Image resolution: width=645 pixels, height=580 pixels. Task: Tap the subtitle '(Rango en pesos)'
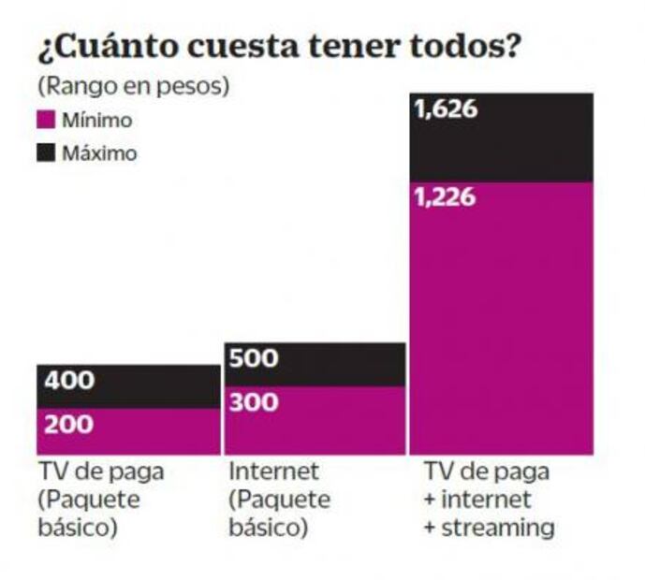pyautogui.click(x=133, y=86)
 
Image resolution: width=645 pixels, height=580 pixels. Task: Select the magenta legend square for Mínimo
pyautogui.click(x=46, y=121)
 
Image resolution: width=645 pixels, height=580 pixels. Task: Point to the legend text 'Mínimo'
pyautogui.click(x=96, y=121)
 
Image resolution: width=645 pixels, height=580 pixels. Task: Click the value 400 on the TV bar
pyautogui.click(x=69, y=382)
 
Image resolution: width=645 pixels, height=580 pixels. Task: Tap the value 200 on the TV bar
pyautogui.click(x=69, y=425)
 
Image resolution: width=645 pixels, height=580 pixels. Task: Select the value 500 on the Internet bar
pyautogui.click(x=254, y=359)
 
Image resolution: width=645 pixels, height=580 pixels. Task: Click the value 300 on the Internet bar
pyautogui.click(x=254, y=403)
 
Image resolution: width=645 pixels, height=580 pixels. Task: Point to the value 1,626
pyautogui.click(x=446, y=110)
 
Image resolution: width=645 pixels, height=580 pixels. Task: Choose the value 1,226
pyautogui.click(x=446, y=198)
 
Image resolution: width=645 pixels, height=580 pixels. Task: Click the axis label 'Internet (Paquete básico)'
pyautogui.click(x=279, y=499)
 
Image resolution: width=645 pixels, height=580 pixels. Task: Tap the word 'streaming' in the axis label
pyautogui.click(x=498, y=528)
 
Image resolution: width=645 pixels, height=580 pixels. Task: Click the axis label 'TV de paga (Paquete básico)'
pyautogui.click(x=100, y=499)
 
